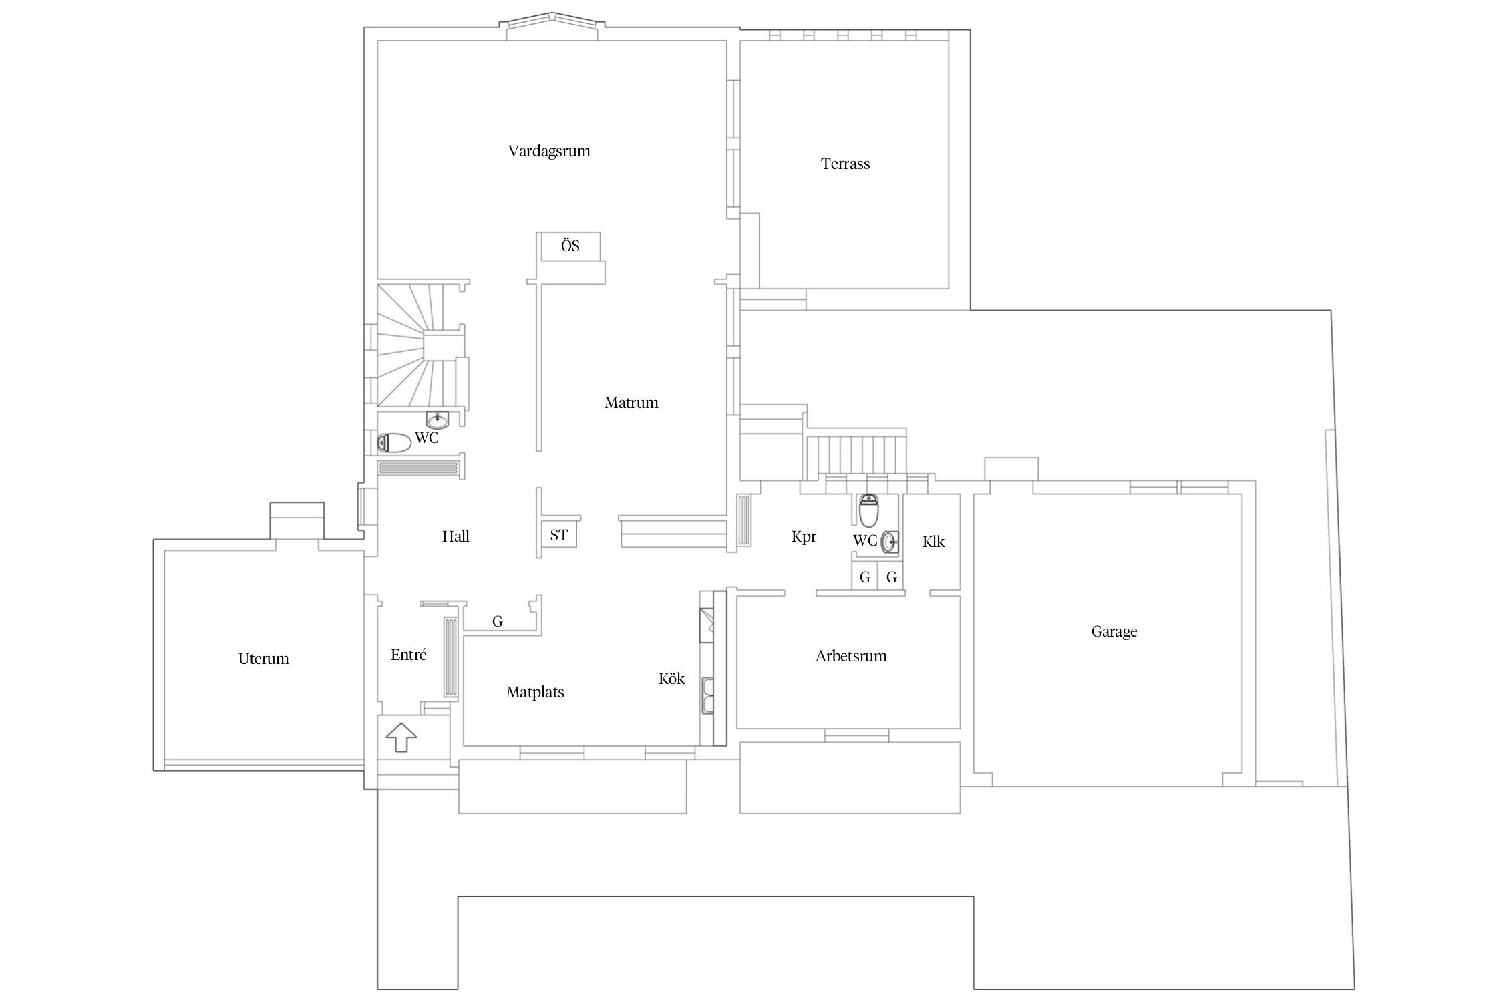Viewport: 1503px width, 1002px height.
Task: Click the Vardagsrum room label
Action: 549,151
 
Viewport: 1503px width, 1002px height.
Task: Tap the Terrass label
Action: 845,164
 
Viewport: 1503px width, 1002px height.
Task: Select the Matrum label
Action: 631,403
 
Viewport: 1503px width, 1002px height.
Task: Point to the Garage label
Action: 1114,631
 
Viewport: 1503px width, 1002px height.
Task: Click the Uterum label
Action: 263,659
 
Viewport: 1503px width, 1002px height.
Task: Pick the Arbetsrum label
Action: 851,656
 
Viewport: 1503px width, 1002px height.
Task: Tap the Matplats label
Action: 535,692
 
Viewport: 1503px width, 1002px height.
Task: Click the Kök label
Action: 671,679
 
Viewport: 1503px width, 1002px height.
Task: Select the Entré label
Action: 408,655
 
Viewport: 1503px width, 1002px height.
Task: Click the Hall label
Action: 456,536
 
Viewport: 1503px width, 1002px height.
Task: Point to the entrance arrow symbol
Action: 401,737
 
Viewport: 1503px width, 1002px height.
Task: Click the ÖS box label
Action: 570,246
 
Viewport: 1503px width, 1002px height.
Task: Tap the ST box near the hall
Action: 559,535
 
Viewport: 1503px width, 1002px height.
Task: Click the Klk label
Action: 933,542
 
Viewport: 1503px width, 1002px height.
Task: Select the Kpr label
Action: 804,536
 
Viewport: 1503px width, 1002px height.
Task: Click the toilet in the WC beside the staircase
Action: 393,442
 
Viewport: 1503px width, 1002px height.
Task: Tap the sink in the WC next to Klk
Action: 890,542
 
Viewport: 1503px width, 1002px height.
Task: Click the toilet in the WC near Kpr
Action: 868,510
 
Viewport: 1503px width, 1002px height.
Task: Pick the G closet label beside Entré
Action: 497,622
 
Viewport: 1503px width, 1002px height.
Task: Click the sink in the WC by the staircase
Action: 437,420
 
